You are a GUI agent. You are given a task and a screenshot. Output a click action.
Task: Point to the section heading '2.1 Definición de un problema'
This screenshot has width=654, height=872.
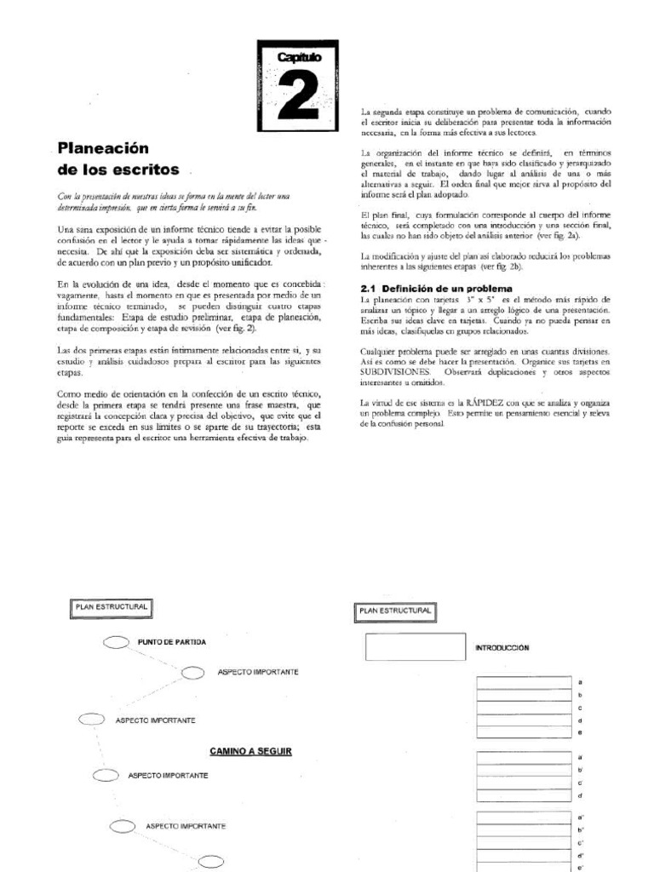point(432,288)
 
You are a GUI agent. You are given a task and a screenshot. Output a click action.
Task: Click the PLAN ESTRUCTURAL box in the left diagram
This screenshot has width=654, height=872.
point(112,606)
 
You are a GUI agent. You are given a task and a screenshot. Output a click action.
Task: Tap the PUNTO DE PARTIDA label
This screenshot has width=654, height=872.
point(170,641)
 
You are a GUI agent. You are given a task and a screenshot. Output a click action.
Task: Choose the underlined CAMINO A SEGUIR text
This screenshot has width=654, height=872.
point(250,751)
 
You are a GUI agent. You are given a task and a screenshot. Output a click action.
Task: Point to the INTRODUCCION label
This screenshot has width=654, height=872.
point(502,647)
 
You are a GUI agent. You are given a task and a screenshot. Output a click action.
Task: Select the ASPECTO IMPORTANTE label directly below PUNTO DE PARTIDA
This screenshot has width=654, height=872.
point(257,672)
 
